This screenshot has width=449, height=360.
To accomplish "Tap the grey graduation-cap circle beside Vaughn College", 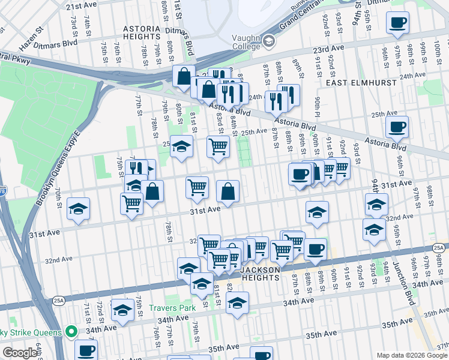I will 268,41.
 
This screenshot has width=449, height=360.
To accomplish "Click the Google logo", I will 19,353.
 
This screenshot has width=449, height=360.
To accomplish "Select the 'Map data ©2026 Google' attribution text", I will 411,355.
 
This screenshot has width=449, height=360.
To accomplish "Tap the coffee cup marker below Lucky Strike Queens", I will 86,350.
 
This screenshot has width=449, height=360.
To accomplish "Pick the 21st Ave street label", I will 82,6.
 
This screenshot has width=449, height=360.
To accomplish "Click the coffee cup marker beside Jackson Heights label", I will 315,249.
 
